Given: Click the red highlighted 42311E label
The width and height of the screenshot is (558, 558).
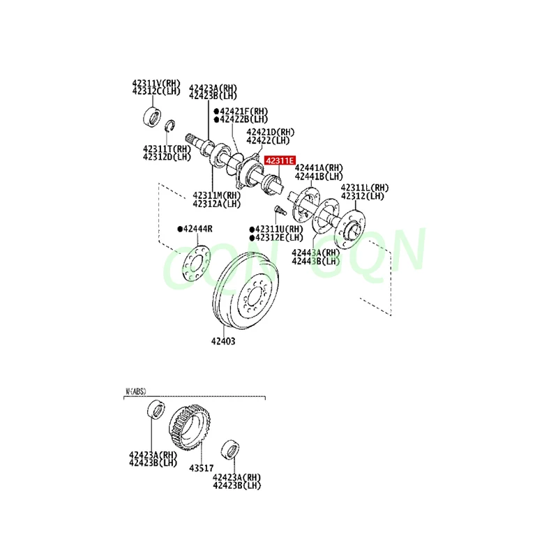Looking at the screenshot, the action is tap(279, 161).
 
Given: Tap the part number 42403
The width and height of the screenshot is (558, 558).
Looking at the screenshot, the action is tap(223, 341).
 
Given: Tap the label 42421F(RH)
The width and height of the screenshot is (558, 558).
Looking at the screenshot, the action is tap(241, 111).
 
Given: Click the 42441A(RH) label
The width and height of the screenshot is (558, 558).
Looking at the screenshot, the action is tap(319, 168).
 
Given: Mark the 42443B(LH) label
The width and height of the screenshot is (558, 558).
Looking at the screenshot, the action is tap(315, 261).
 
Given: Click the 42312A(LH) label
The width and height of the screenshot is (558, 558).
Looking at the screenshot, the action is tap(217, 203).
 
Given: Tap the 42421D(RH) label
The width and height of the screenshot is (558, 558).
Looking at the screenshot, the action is tap(270, 132).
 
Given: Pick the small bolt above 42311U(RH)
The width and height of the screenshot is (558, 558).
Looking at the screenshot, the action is tap(278, 209).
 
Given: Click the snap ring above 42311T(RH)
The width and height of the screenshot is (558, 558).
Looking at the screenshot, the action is tap(169, 126).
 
